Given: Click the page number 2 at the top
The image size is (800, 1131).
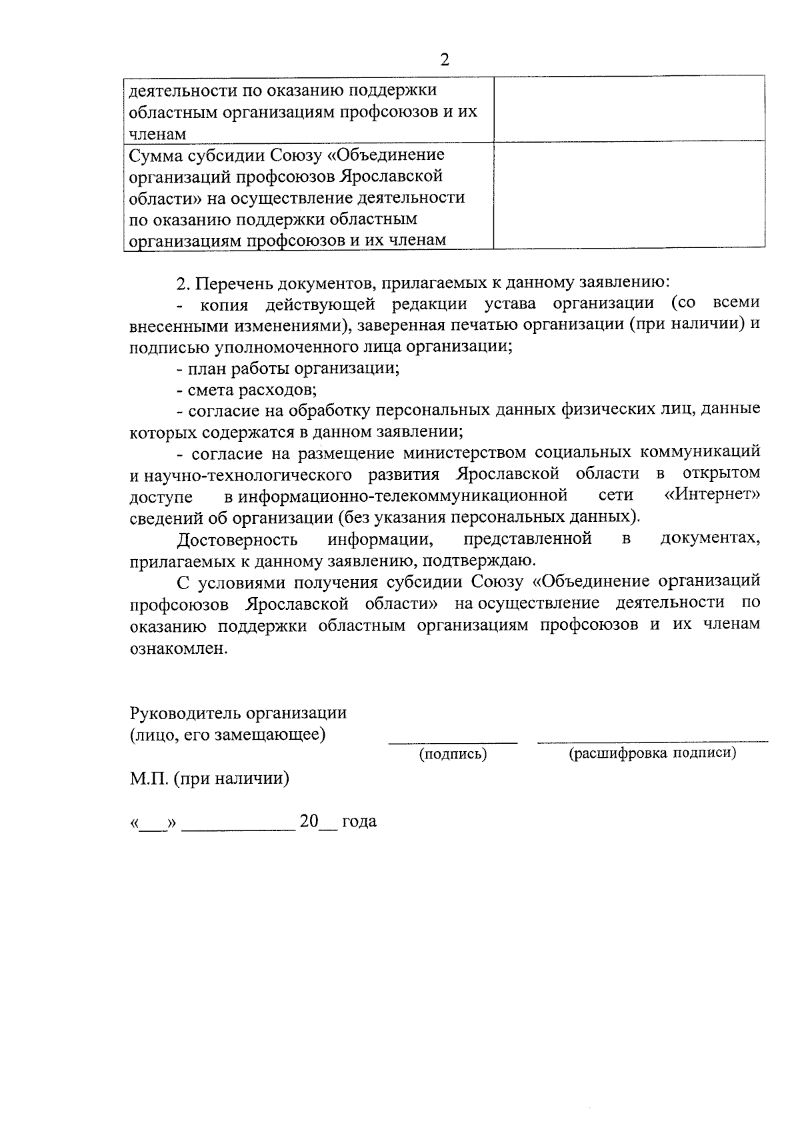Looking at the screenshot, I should (445, 60).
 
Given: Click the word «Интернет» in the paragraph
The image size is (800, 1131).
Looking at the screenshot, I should (713, 496).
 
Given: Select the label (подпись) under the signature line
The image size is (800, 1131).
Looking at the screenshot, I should (453, 754).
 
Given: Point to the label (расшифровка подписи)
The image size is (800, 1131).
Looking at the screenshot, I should (652, 753).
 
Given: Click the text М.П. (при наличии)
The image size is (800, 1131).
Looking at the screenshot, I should (209, 778).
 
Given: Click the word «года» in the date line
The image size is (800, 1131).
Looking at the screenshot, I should (359, 821).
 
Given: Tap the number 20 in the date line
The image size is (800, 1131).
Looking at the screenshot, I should (309, 820).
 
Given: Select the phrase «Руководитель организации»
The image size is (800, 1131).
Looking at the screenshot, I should (238, 712).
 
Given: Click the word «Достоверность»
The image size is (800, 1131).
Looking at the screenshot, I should (237, 539).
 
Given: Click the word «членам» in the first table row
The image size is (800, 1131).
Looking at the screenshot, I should (157, 134).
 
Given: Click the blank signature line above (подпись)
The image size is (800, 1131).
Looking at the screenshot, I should (453, 741).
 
